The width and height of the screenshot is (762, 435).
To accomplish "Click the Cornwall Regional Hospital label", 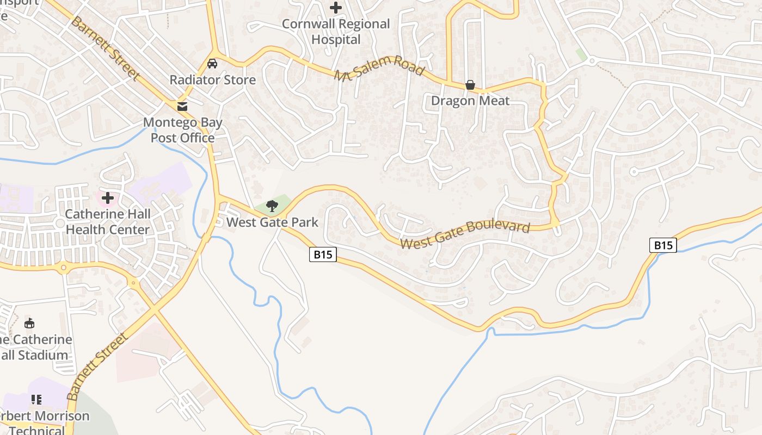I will pyautogui.click(x=336, y=32).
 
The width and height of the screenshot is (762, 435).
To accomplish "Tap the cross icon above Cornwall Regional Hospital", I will pyautogui.click(x=336, y=8).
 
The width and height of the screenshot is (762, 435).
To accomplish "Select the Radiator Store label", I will pyautogui.click(x=212, y=80).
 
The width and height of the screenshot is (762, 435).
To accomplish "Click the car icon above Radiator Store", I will pyautogui.click(x=212, y=63).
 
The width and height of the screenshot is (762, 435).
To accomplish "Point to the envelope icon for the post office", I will pyautogui.click(x=182, y=105).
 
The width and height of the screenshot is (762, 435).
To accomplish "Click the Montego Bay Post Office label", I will pyautogui.click(x=183, y=130).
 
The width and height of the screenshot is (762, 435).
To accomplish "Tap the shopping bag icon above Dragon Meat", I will pyautogui.click(x=470, y=85).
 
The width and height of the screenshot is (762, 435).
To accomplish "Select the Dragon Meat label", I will pyautogui.click(x=470, y=101).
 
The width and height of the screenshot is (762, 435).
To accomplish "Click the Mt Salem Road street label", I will pyautogui.click(x=379, y=69).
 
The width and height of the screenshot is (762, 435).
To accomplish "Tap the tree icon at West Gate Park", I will pyautogui.click(x=272, y=206).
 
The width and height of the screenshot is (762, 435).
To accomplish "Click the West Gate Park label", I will pyautogui.click(x=272, y=222).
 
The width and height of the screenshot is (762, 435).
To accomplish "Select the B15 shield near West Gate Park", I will pyautogui.click(x=323, y=254).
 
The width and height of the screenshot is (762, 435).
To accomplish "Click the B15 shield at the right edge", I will pyautogui.click(x=663, y=245).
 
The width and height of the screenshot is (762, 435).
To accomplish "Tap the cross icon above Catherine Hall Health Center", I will pyautogui.click(x=108, y=197).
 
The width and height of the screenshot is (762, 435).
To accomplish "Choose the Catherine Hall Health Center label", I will pyautogui.click(x=107, y=222).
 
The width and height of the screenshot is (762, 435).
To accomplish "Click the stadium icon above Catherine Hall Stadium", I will pyautogui.click(x=29, y=324).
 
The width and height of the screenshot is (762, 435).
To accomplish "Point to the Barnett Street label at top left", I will pyautogui.click(x=105, y=49).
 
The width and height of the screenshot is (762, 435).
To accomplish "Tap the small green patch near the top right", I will pyautogui.click(x=581, y=55).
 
